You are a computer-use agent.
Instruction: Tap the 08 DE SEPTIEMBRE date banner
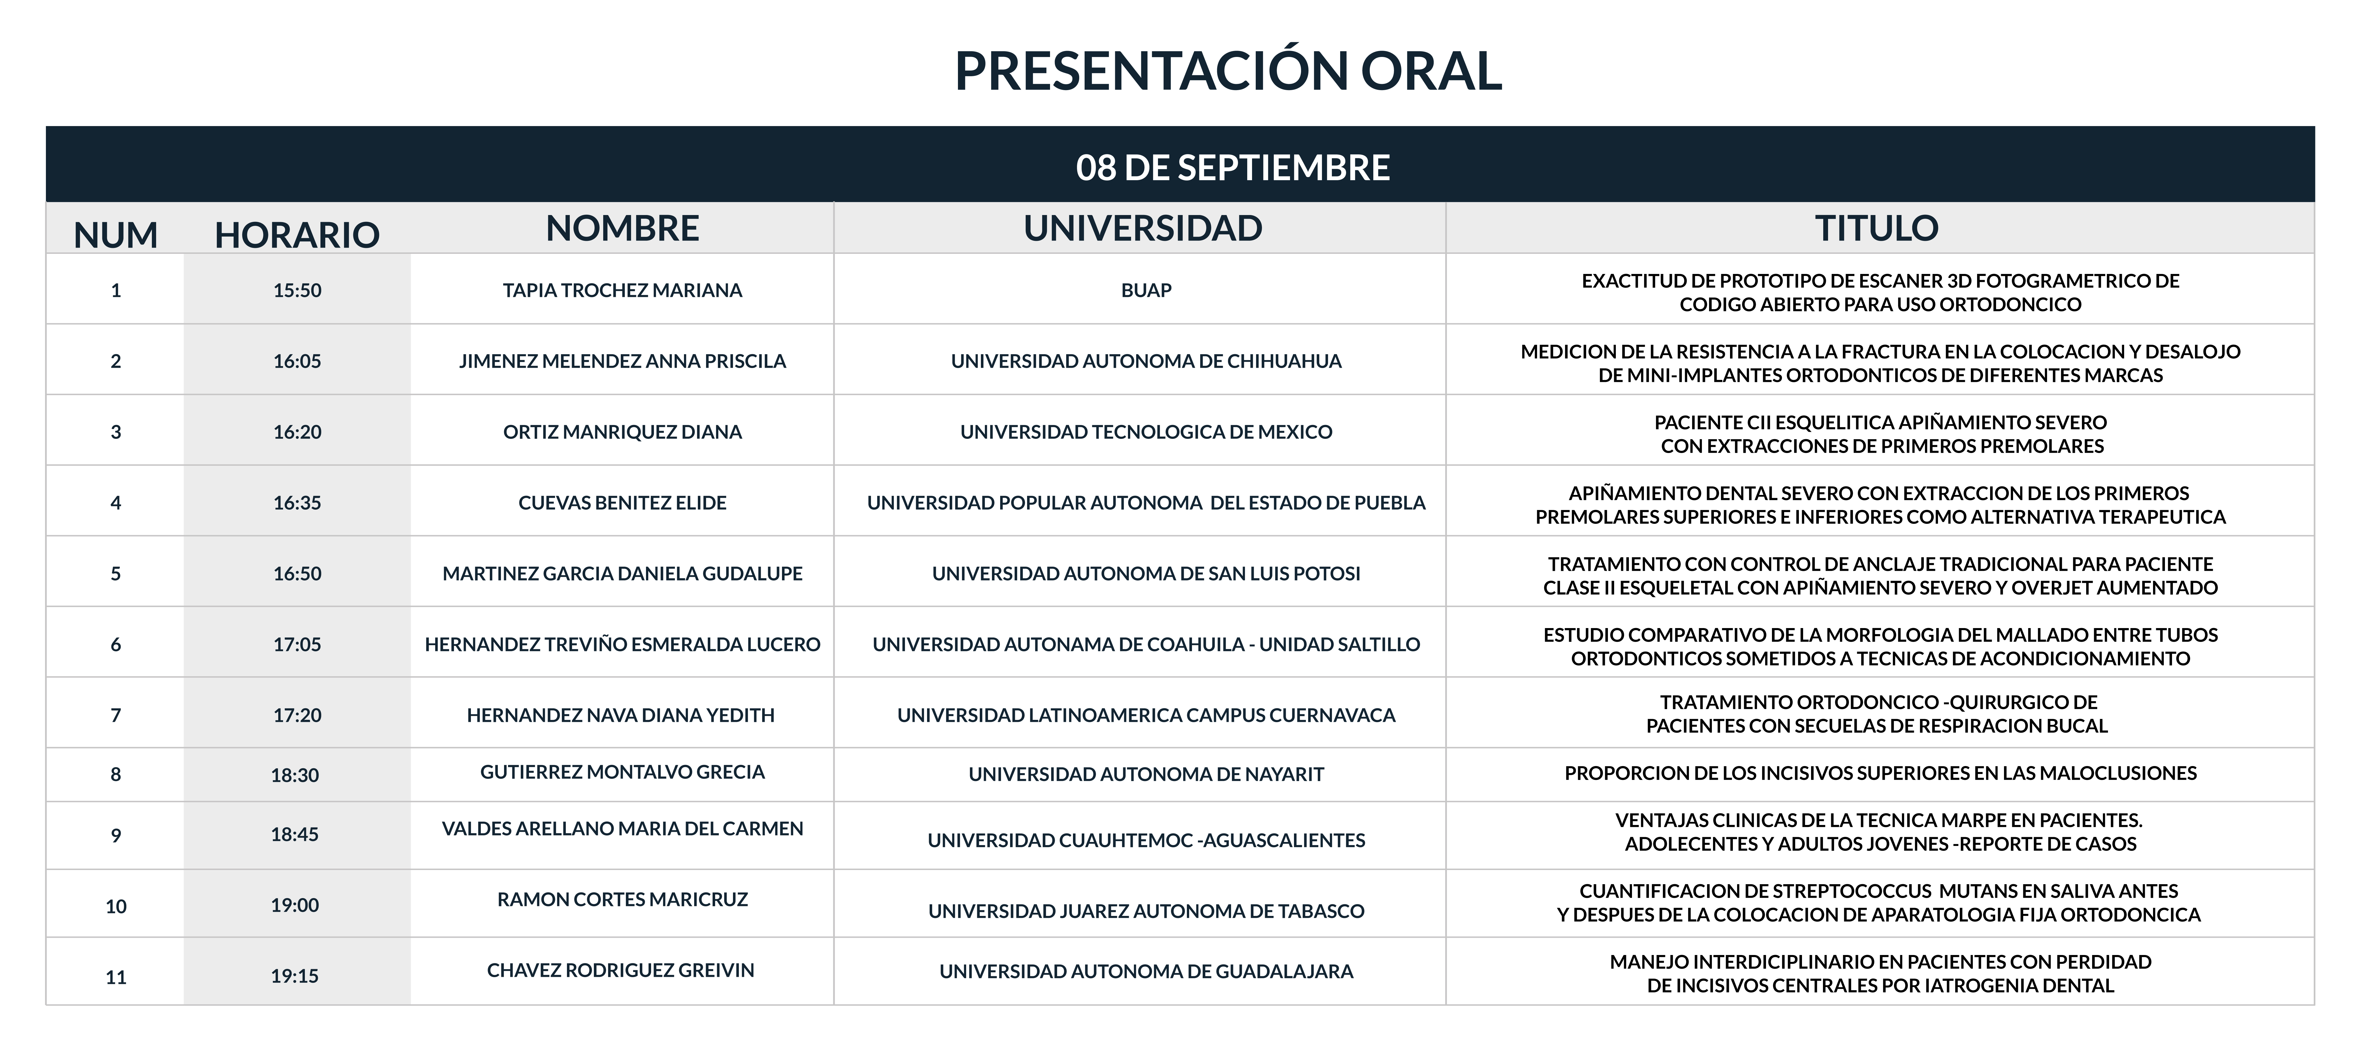(1233, 168)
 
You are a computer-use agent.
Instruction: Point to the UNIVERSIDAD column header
(1143, 228)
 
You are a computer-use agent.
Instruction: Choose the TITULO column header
(1877, 228)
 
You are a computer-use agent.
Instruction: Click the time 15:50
(297, 290)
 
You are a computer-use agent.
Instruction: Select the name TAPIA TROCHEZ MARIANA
(622, 290)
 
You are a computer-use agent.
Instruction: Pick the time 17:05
(297, 644)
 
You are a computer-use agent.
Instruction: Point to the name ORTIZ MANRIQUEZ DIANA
(622, 431)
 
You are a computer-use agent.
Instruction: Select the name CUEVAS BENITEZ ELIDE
(622, 502)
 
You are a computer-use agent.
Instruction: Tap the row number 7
(116, 715)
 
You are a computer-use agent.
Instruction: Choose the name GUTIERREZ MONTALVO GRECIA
(622, 771)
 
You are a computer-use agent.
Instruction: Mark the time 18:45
(294, 834)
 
